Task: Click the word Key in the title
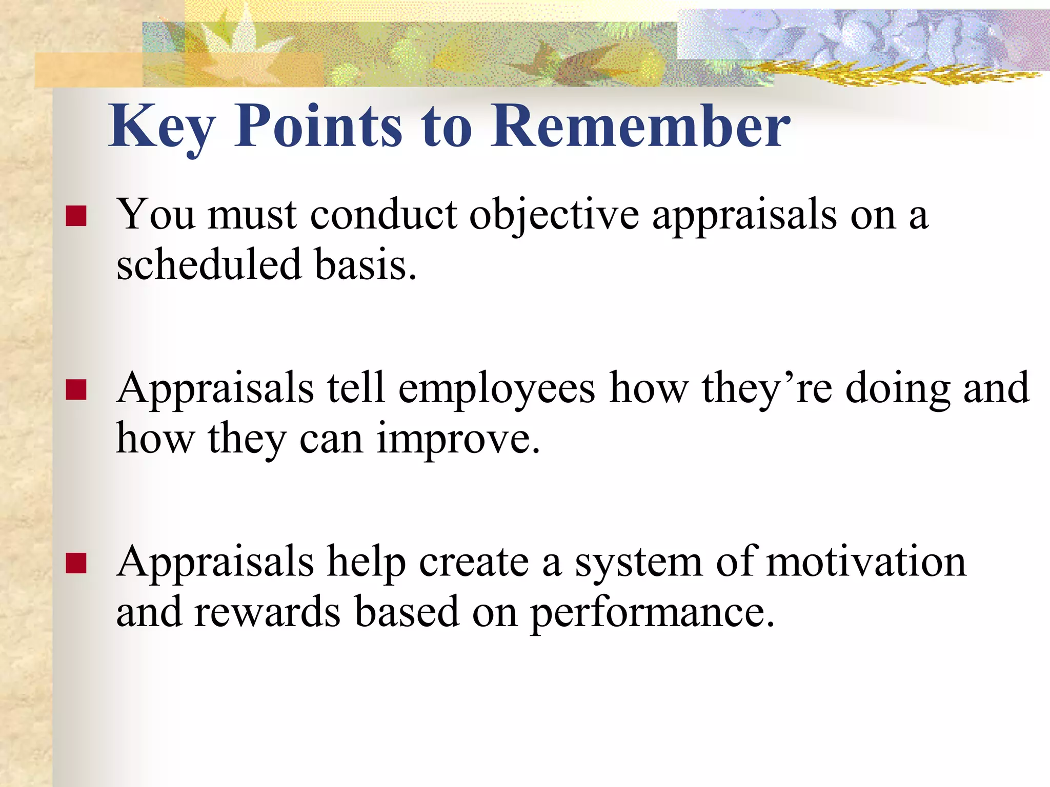click(x=162, y=127)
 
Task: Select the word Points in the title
click(x=318, y=126)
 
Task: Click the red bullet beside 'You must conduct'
click(x=76, y=216)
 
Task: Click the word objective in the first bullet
click(x=554, y=215)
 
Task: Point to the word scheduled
click(x=208, y=265)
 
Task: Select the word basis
click(x=365, y=265)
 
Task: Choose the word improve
click(x=458, y=439)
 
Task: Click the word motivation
click(x=866, y=562)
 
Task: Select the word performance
click(x=651, y=613)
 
